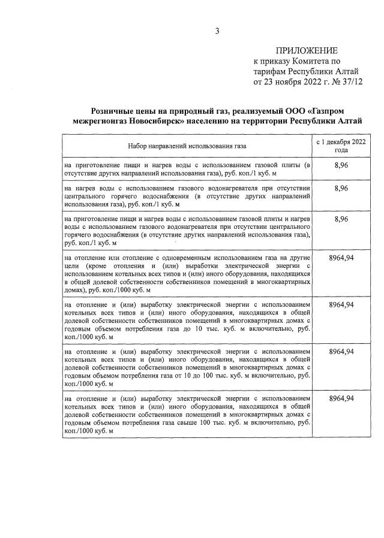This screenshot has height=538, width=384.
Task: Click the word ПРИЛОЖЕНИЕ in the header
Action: tap(306, 50)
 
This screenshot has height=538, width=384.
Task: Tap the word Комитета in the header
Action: tap(309, 61)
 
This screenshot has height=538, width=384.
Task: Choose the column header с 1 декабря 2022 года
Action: tap(341, 146)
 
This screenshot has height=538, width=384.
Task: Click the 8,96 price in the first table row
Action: tap(341, 165)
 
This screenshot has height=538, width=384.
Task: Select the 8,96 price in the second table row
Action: tap(341, 188)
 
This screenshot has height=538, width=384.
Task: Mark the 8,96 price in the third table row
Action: tap(341, 220)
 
